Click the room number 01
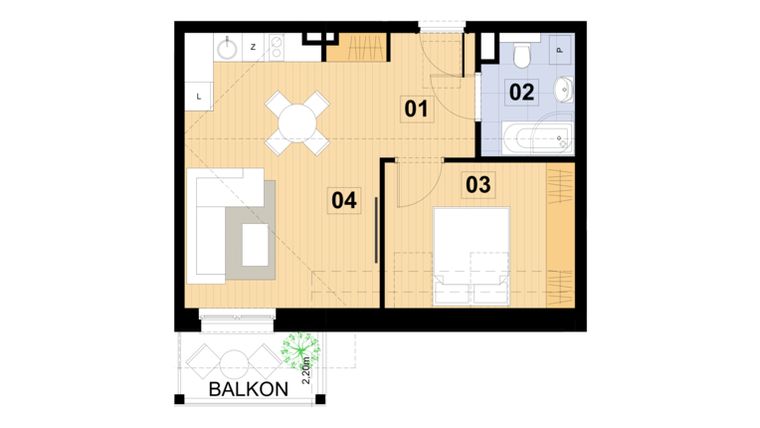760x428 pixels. (416, 108)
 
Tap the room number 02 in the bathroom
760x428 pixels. (521, 93)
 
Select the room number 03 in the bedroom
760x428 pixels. (478, 184)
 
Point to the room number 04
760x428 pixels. (343, 201)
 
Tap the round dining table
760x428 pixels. (297, 123)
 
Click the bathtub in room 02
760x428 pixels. (536, 137)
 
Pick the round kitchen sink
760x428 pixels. (229, 46)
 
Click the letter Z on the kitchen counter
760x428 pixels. (253, 46)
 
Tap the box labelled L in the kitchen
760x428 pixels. (199, 96)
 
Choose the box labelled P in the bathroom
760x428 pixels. (559, 46)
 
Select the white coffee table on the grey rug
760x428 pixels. (256, 244)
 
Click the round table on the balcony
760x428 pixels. (235, 361)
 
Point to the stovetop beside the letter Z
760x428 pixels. (276, 46)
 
